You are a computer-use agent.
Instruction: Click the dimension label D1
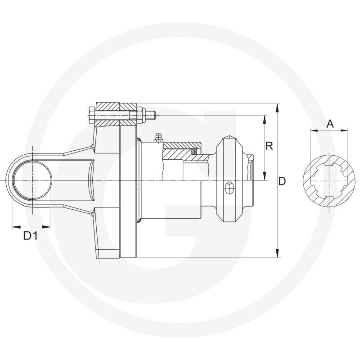pyautogui.click(x=30, y=236)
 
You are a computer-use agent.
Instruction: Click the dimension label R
pyautogui.click(x=269, y=146)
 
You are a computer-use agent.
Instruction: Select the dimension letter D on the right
pyautogui.click(x=282, y=181)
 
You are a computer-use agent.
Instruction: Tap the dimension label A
pyautogui.click(x=330, y=124)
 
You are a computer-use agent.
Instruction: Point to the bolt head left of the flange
pyautogui.click(x=91, y=116)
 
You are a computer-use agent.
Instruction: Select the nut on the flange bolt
pyautogui.click(x=141, y=115)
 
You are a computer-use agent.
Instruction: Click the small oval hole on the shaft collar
pyautogui.click(x=229, y=188)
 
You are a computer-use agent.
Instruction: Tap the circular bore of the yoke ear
pyautogui.click(x=32, y=180)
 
